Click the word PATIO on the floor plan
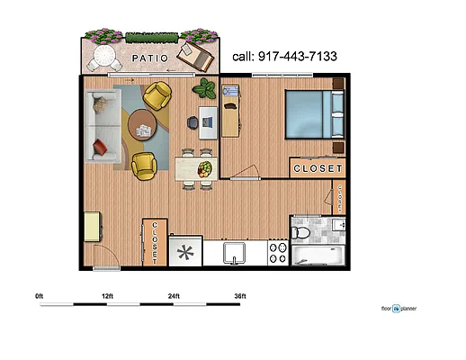(150, 58)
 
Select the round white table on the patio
(104, 59)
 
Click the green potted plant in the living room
(206, 89)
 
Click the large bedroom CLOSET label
(317, 168)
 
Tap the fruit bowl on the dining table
(206, 167)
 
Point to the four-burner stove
(278, 253)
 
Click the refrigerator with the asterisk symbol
(185, 253)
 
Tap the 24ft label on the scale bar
(175, 295)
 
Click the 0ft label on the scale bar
(40, 295)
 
